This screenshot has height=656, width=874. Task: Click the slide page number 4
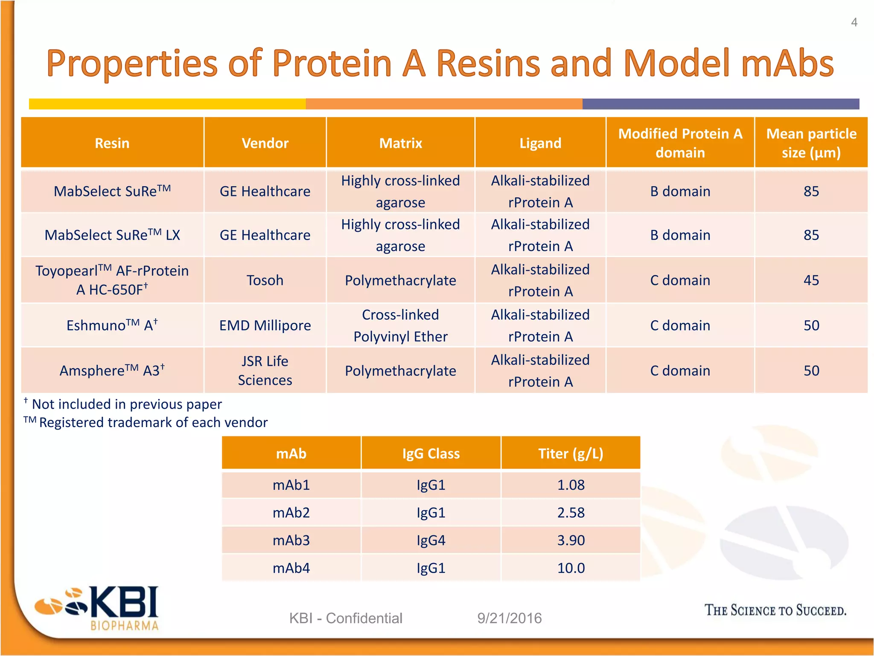(x=854, y=22)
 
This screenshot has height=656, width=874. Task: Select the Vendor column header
(x=265, y=143)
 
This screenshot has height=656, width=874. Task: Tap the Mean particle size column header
(x=811, y=143)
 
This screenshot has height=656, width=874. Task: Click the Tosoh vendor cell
(x=265, y=280)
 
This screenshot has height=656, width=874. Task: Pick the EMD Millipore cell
(x=265, y=325)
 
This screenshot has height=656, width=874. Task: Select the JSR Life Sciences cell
(x=265, y=370)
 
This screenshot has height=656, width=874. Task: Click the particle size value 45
(x=811, y=280)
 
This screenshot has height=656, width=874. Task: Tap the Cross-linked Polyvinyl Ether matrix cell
(x=400, y=325)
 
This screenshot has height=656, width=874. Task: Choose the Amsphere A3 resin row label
(x=112, y=370)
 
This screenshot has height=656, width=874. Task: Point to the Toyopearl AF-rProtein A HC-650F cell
(x=112, y=280)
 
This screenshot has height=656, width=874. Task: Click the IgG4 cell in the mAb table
(x=431, y=540)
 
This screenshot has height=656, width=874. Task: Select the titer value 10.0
(x=571, y=568)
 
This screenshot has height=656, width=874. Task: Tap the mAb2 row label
(x=291, y=512)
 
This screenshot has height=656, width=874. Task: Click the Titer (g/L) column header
(x=571, y=453)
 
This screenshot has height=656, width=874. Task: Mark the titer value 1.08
(x=571, y=485)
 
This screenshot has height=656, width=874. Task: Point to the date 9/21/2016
(x=510, y=618)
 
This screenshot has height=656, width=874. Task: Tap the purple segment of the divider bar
(x=720, y=104)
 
